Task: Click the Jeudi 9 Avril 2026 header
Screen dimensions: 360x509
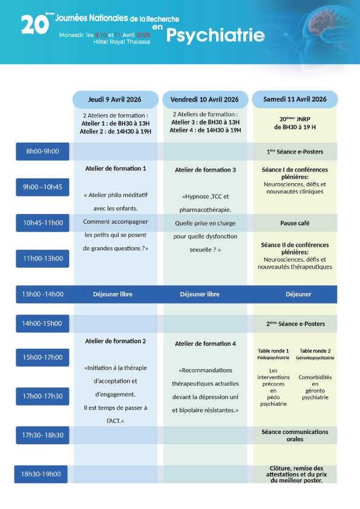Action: point(115,99)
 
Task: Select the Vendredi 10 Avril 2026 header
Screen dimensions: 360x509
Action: point(205,99)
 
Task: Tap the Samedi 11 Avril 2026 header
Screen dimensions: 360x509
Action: point(295,99)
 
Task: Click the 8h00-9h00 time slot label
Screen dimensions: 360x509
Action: point(42,151)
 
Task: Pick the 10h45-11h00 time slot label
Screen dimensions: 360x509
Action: point(42,222)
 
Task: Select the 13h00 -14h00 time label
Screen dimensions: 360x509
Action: point(42,294)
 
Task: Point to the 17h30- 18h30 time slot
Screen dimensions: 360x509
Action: point(42,435)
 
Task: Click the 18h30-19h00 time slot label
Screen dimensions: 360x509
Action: point(41,474)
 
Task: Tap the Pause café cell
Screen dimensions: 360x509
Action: point(295,223)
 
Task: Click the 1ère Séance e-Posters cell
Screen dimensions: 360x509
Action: point(295,152)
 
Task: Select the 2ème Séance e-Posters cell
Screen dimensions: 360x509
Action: point(295,323)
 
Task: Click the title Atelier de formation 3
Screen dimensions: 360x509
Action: point(205,170)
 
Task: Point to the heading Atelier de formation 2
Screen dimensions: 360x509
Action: point(116,341)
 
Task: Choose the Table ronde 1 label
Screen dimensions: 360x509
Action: point(273,351)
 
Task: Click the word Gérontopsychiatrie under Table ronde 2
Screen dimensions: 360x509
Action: point(315,358)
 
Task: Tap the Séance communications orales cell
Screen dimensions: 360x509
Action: point(295,435)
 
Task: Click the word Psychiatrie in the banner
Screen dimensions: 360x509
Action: point(215,36)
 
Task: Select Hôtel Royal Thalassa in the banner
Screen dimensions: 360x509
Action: point(122,42)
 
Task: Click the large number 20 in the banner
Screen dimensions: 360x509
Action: point(34,25)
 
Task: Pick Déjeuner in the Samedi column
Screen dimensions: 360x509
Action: point(298,294)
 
